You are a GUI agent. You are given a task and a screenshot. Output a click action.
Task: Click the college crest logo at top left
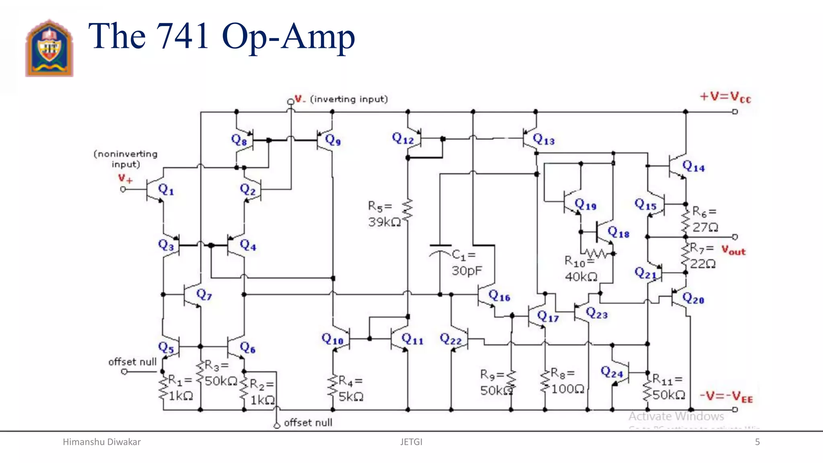click(x=49, y=48)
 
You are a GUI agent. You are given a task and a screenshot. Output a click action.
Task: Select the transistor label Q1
click(x=166, y=189)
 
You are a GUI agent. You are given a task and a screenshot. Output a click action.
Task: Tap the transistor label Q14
click(x=694, y=166)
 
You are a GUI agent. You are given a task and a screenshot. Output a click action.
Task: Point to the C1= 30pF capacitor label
click(x=465, y=262)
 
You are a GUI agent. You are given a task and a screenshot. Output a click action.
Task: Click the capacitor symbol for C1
click(x=440, y=249)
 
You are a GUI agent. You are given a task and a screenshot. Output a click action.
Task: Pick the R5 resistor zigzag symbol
click(x=407, y=210)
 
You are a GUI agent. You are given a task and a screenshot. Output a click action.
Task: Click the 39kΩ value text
click(x=384, y=222)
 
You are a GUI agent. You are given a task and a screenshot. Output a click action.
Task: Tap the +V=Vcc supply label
click(x=725, y=97)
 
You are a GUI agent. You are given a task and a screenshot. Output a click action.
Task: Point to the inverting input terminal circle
click(x=290, y=102)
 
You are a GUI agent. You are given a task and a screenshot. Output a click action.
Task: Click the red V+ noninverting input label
click(x=125, y=178)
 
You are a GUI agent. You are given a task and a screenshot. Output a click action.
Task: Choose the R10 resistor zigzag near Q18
click(x=596, y=254)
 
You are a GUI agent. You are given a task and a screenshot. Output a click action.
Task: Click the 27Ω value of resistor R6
click(x=705, y=227)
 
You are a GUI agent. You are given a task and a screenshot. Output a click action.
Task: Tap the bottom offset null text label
click(x=308, y=422)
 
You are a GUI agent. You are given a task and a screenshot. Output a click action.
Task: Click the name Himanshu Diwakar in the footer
click(x=102, y=442)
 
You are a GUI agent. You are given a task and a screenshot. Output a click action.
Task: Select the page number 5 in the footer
click(x=757, y=442)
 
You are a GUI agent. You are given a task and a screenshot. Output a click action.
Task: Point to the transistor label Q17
click(x=548, y=317)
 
